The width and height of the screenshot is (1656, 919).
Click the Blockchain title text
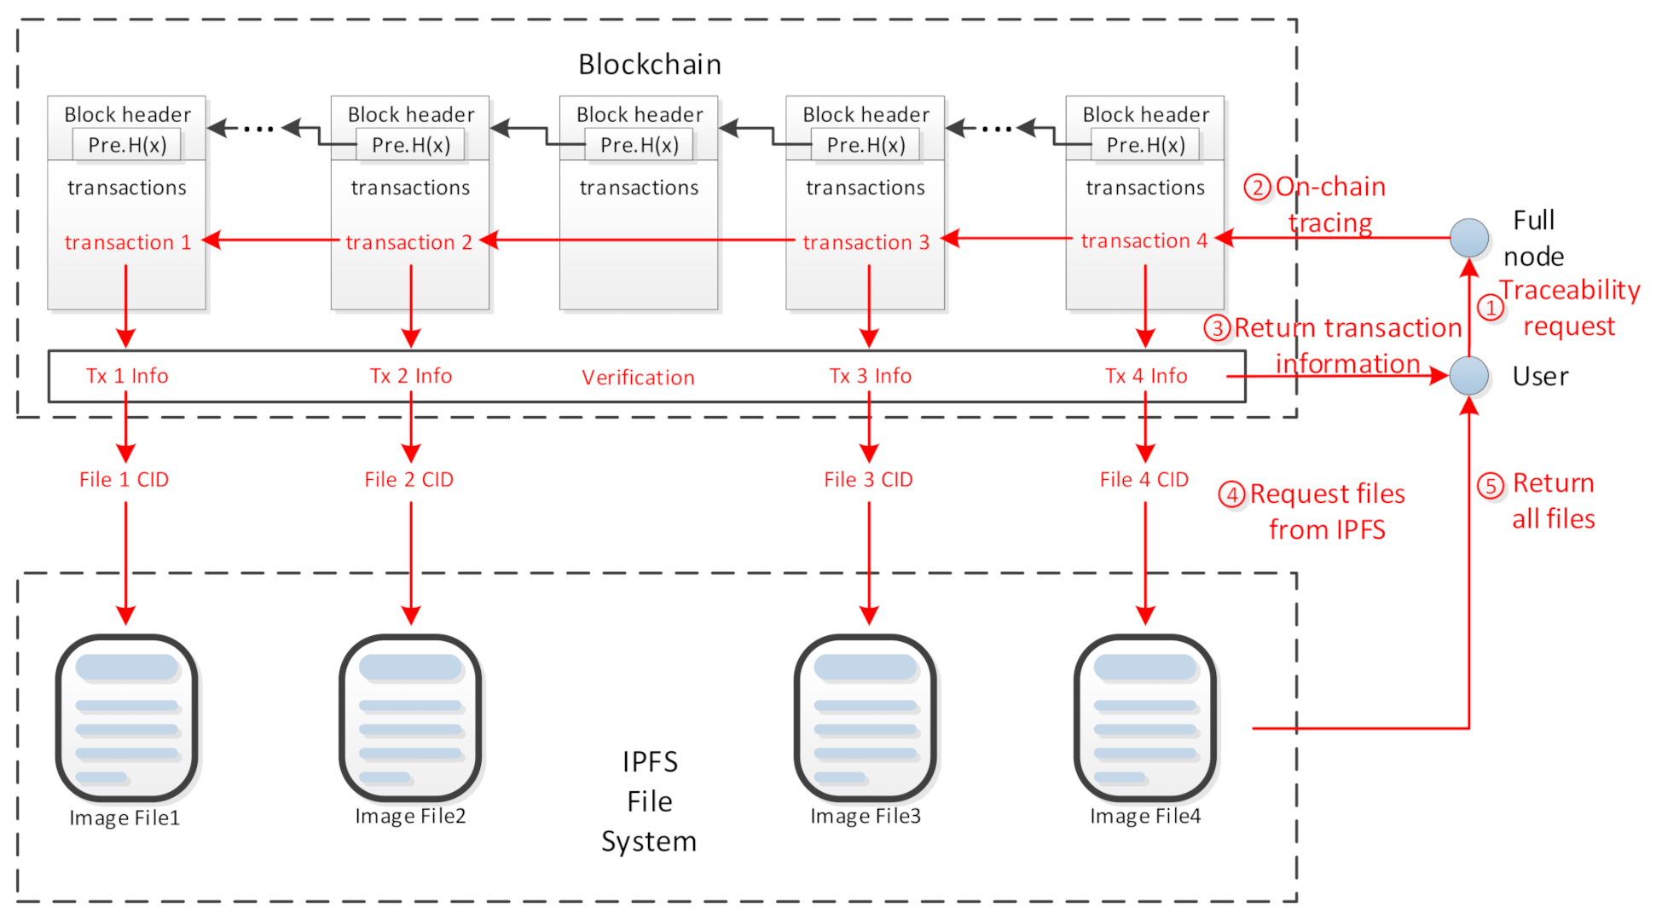coord(649,65)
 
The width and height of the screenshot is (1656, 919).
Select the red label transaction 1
coord(127,242)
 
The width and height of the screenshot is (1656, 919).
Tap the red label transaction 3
coord(866,242)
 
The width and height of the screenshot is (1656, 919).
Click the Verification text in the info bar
coord(638,378)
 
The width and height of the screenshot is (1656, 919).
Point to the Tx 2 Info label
coord(410,376)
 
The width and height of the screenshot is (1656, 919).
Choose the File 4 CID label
coord(1144,480)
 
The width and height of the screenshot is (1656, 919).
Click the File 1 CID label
coord(124,480)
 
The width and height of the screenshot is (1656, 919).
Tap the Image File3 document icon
coord(866,718)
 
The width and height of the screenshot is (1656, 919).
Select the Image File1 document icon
coord(127,718)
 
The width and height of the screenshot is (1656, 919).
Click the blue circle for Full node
coord(1468,238)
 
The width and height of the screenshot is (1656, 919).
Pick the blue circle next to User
coord(1468,376)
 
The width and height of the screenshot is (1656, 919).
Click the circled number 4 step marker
coord(1231,494)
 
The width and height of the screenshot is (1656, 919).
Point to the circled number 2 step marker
coord(1257,188)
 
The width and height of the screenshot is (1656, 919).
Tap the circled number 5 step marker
coord(1490,486)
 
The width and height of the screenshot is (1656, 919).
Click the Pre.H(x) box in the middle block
coord(639,145)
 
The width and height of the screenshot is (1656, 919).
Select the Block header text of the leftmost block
coord(127,114)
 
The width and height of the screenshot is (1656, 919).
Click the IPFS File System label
coord(649,801)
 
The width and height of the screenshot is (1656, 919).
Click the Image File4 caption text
coord(1144,816)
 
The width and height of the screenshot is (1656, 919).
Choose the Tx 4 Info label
coord(1145,376)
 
